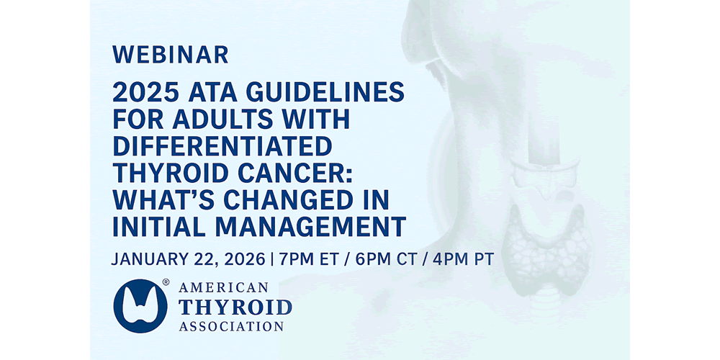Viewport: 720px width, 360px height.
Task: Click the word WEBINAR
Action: (x=171, y=55)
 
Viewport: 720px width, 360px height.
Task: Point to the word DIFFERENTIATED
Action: (x=222, y=146)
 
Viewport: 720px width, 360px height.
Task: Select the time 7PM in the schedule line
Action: (x=294, y=259)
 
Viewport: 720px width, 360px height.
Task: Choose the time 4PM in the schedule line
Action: (x=454, y=259)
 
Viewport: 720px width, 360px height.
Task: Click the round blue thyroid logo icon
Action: (x=140, y=306)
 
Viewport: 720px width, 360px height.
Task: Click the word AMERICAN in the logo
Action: (x=224, y=288)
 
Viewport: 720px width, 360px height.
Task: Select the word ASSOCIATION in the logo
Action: (x=231, y=326)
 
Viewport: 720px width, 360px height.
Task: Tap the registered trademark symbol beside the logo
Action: (x=166, y=282)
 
